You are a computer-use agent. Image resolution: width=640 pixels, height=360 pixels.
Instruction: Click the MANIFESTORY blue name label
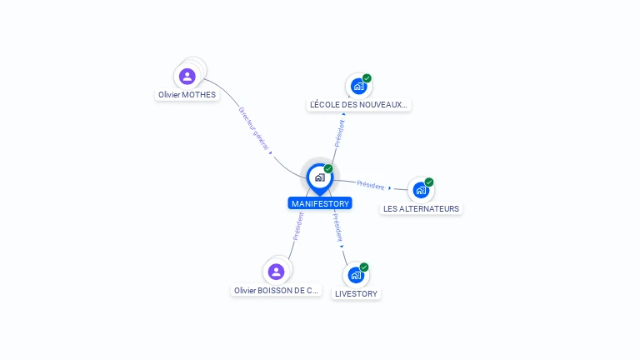(x=320, y=203)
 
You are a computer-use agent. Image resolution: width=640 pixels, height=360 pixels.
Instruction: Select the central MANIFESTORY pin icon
(x=319, y=177)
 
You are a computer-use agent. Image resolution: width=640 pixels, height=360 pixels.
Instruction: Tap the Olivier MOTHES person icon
(x=187, y=77)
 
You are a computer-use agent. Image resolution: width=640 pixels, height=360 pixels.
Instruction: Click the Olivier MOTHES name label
(x=187, y=95)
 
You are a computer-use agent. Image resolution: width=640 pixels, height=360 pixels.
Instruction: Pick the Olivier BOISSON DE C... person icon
(x=277, y=272)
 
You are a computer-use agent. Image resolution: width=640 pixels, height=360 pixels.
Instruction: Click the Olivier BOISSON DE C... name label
(x=277, y=291)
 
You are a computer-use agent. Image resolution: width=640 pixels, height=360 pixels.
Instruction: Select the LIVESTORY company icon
(x=357, y=275)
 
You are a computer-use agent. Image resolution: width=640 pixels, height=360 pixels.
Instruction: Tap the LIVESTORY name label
(x=356, y=294)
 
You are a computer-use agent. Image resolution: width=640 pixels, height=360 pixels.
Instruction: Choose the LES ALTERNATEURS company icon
(x=421, y=190)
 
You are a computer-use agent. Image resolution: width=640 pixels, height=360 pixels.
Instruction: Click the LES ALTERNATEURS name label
(x=421, y=209)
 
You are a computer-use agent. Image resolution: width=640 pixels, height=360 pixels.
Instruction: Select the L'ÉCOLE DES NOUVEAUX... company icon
(x=358, y=86)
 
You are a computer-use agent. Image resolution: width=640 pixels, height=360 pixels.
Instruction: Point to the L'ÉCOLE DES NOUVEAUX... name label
(x=359, y=105)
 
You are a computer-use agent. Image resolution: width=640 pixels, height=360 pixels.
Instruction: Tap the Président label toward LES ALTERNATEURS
(x=371, y=185)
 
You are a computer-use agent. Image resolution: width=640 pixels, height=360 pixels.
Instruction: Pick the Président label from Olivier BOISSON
(x=297, y=226)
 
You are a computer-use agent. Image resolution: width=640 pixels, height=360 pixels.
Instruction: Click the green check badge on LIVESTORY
(x=364, y=267)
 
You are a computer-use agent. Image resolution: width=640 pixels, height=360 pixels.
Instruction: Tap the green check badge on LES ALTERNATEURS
(x=429, y=182)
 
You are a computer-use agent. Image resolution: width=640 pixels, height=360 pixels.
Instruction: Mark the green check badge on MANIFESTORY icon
(x=328, y=169)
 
